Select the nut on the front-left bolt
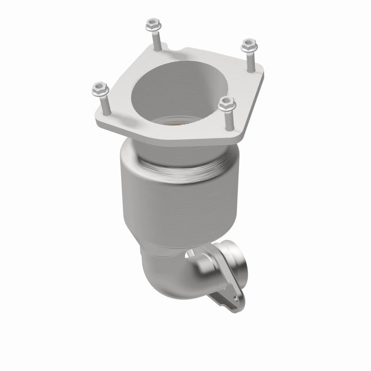coord(100,87)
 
